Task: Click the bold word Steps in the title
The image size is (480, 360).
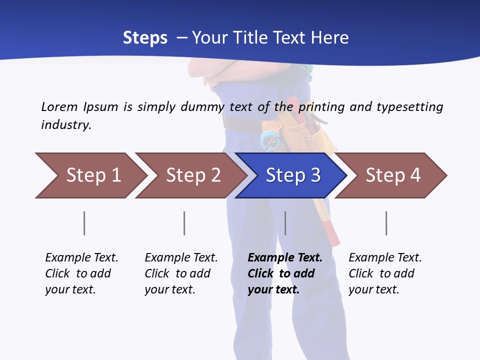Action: pyautogui.click(x=145, y=37)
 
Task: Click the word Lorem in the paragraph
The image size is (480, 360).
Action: pyautogui.click(x=59, y=106)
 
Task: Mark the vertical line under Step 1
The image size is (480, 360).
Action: pyautogui.click(x=84, y=223)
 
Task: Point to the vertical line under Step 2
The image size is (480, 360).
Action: pyautogui.click(x=184, y=223)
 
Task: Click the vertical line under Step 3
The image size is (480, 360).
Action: pyautogui.click(x=285, y=223)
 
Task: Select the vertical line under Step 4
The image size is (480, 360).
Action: pyautogui.click(x=386, y=223)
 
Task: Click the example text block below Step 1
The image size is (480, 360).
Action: pyautogui.click(x=81, y=273)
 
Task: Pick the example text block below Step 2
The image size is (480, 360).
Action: pyautogui.click(x=181, y=273)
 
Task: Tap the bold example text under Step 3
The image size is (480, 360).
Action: pyautogui.click(x=284, y=273)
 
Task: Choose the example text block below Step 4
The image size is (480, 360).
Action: pyautogui.click(x=384, y=273)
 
